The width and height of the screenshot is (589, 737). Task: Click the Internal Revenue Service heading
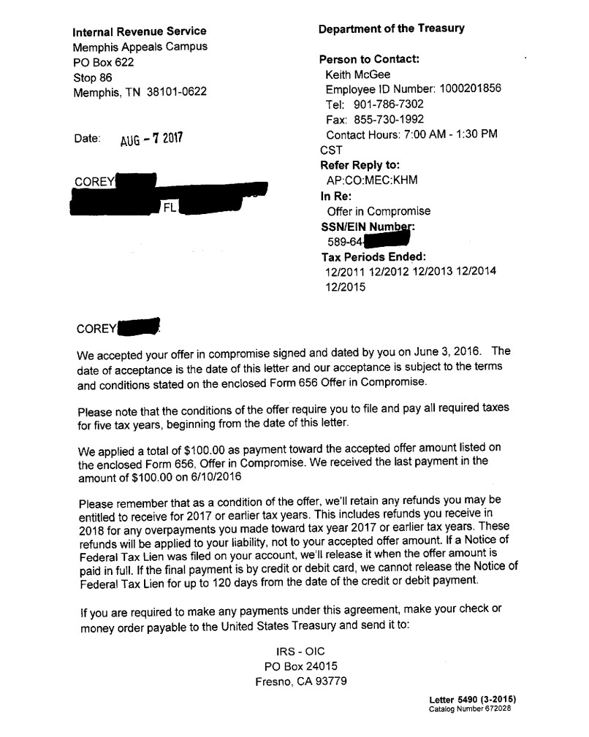(x=139, y=31)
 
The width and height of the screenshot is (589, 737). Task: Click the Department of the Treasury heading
(x=391, y=29)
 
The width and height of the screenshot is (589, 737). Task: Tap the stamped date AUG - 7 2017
(x=151, y=140)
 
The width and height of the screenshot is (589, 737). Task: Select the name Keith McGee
(x=358, y=75)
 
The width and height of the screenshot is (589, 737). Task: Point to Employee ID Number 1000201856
(x=413, y=89)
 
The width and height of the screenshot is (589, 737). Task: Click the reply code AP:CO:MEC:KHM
(x=372, y=180)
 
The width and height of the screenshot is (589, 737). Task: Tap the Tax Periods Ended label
(x=373, y=257)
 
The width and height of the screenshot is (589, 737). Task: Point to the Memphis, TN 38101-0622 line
(x=140, y=92)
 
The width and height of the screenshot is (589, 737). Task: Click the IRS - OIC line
(x=300, y=651)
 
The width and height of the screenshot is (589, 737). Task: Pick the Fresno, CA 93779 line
(x=300, y=681)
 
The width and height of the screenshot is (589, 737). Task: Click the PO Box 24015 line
(x=300, y=666)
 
